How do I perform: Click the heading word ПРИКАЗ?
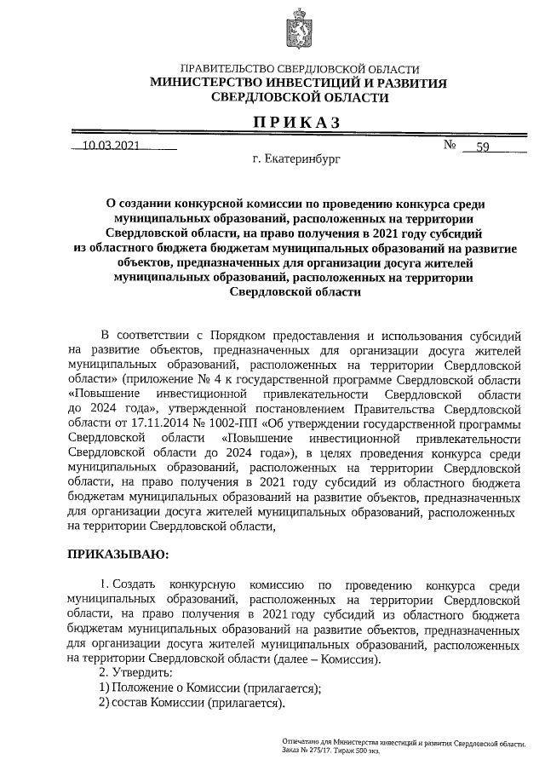click(298, 123)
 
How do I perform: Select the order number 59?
click(482, 147)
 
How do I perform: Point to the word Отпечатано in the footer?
click(302, 743)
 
